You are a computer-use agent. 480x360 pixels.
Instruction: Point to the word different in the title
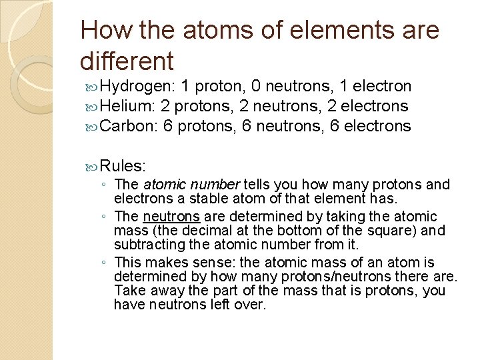pos(127,61)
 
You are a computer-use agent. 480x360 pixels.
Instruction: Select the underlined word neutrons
pos(171,217)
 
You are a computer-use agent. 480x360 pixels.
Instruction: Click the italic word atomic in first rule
pos(163,185)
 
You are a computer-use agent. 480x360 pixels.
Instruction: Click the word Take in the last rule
pos(129,291)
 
